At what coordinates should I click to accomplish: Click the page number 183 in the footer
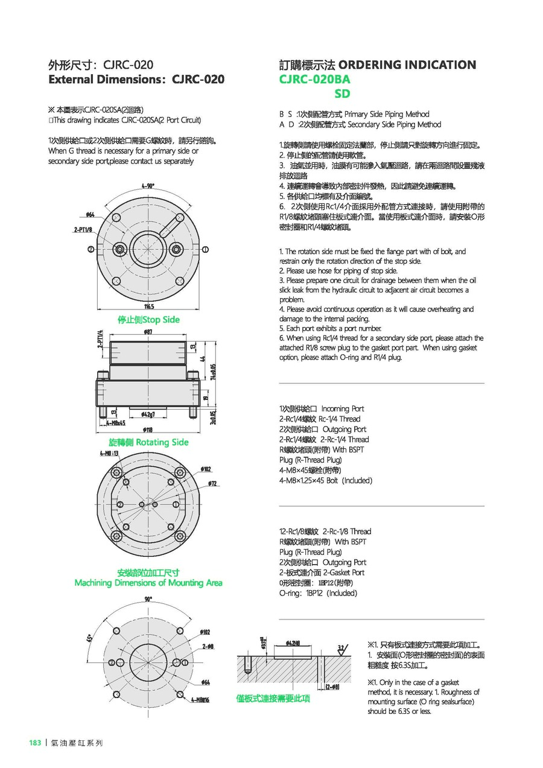tap(34, 743)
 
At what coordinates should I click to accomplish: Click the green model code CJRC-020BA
tap(314, 79)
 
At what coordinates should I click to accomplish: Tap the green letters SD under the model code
tap(342, 94)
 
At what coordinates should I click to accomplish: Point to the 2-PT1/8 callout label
tap(83, 230)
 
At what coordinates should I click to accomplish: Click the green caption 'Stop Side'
tap(148, 320)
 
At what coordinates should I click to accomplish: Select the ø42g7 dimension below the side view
tap(149, 414)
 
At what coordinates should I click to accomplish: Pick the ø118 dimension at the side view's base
tap(148, 430)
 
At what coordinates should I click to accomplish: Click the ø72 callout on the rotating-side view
tap(212, 484)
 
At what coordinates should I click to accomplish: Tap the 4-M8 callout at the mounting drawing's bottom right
tap(200, 700)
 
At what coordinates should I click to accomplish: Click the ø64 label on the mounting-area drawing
tap(205, 682)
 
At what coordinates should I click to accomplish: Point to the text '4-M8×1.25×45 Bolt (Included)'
tap(326, 481)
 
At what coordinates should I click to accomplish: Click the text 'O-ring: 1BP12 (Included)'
tap(318, 593)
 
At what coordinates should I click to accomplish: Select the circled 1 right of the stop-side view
tap(206, 249)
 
